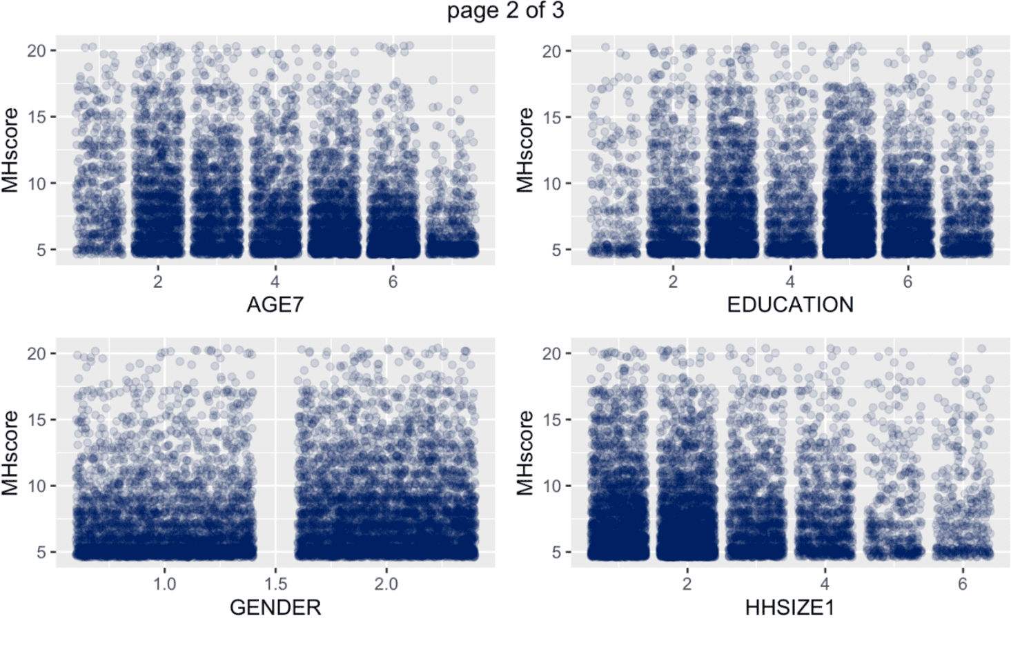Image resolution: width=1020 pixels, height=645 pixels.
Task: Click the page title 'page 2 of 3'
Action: coord(505,11)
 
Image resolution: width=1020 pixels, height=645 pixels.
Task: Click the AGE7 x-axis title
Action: coord(275,305)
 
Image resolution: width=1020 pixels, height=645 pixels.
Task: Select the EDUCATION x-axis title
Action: coord(790,305)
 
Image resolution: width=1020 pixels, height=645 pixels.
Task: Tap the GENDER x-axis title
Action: coord(275,607)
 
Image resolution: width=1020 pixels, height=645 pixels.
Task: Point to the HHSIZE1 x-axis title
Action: coord(790,607)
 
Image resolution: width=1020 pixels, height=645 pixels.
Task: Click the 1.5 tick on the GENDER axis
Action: coord(275,584)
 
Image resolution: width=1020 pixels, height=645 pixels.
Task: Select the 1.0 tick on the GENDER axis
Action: coord(164,584)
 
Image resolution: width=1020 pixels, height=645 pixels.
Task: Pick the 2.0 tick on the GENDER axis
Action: coord(386,584)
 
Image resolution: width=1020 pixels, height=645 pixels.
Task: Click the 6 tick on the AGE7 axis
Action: coord(393,281)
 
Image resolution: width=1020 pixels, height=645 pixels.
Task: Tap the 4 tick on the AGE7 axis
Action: coord(275,281)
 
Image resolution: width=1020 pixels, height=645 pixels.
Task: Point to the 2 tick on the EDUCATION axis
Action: coord(673,281)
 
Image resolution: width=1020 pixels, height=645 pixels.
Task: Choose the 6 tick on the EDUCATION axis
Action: coord(908,281)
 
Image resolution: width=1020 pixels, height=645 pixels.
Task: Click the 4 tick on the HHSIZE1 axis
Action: coord(825,584)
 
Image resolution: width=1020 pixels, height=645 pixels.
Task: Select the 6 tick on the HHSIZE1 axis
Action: coord(963,584)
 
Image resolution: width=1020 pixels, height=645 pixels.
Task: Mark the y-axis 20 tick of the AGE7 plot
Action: coord(37,51)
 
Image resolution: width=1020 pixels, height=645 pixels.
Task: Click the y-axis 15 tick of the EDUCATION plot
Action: coord(551,117)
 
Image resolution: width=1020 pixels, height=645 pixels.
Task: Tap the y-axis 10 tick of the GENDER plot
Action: coord(37,486)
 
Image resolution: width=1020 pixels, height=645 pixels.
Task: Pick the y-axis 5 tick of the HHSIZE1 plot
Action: coord(556,553)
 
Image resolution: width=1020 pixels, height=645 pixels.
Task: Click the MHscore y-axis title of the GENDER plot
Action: coord(10,453)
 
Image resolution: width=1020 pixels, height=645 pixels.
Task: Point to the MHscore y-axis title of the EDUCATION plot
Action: coord(526,150)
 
